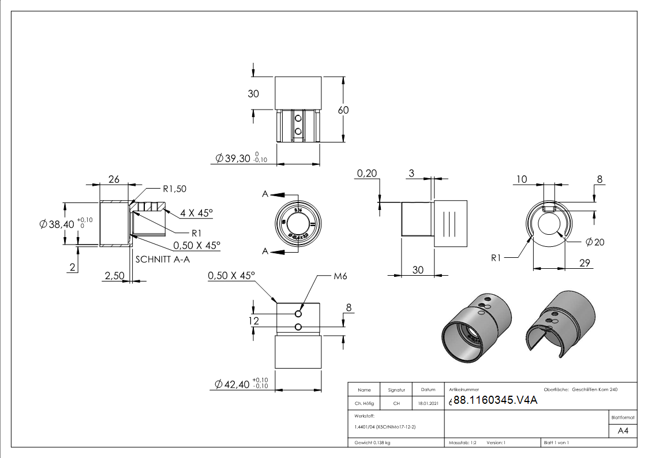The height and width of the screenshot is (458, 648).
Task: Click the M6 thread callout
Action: tap(341, 276)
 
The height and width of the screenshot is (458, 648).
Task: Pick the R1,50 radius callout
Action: tap(174, 189)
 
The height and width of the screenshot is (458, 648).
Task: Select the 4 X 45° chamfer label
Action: tap(196, 213)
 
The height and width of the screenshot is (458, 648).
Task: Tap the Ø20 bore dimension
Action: tap(595, 242)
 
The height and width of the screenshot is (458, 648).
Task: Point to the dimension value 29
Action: tap(584, 263)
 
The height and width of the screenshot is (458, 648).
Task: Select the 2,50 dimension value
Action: tap(114, 277)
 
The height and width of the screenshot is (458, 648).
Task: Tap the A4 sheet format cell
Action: tap(623, 431)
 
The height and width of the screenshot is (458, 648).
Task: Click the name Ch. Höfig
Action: tap(364, 403)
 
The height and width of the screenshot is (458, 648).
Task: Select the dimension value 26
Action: tap(114, 179)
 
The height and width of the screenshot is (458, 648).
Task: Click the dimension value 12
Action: tap(254, 321)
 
